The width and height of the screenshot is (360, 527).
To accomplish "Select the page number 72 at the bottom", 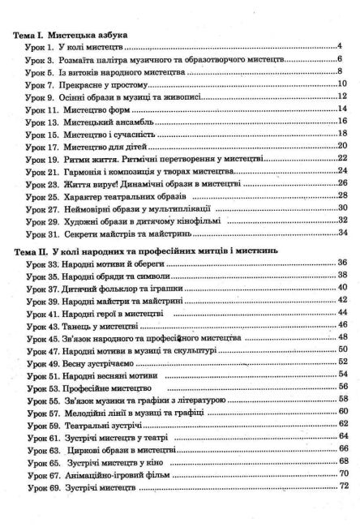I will point(343,485).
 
